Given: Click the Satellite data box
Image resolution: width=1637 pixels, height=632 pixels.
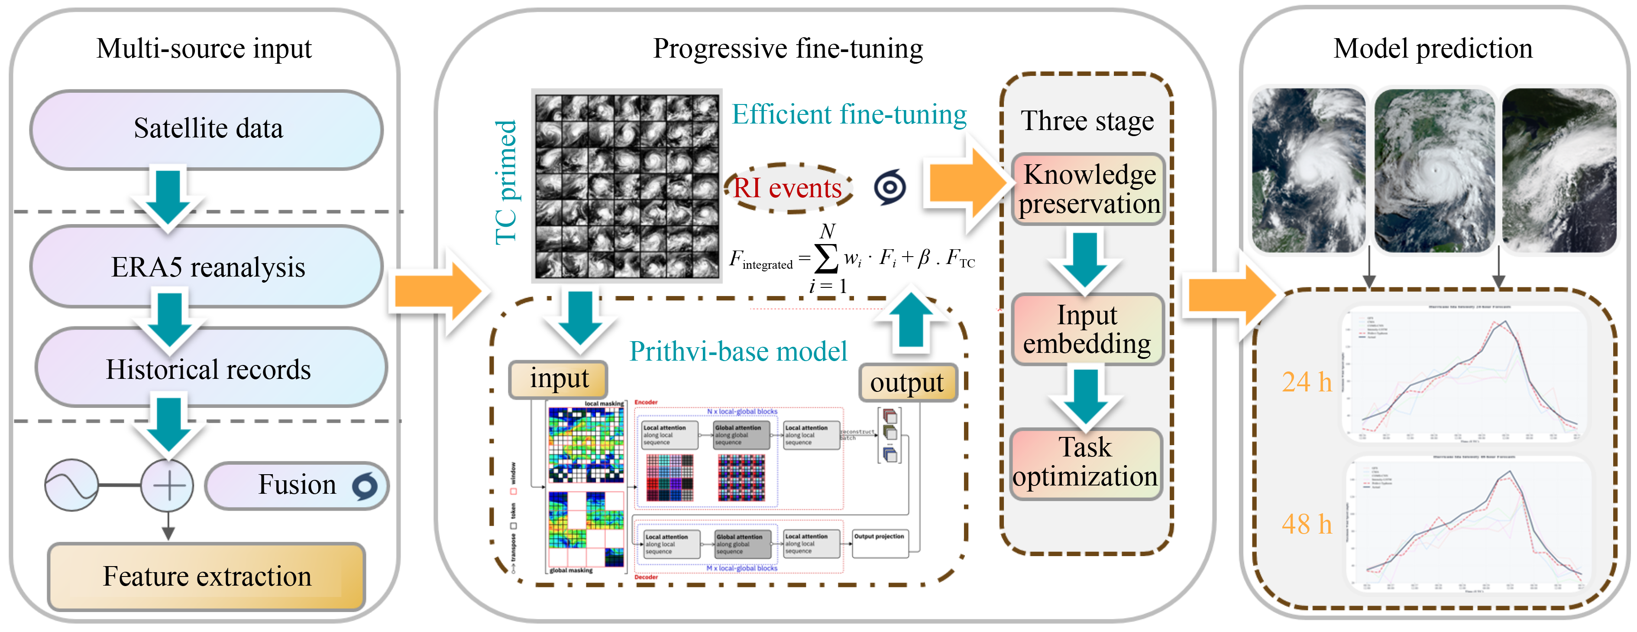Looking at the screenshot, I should [207, 129].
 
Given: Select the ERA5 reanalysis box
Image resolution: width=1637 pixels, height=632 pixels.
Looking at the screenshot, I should [207, 267].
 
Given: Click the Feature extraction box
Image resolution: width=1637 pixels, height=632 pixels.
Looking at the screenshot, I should [207, 576].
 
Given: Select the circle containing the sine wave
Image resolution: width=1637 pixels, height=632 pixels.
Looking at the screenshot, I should [71, 485].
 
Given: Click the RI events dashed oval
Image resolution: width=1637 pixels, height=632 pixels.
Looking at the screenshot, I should [788, 188].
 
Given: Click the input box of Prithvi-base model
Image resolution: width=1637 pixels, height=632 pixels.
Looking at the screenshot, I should [559, 380].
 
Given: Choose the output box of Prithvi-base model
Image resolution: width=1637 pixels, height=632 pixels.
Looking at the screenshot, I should [907, 383].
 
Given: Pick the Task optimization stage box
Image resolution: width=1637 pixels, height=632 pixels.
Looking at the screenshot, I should [1085, 463].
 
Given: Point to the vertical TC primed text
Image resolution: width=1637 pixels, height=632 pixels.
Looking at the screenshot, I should [507, 182].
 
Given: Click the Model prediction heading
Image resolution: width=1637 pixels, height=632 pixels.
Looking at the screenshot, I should [1433, 48].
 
